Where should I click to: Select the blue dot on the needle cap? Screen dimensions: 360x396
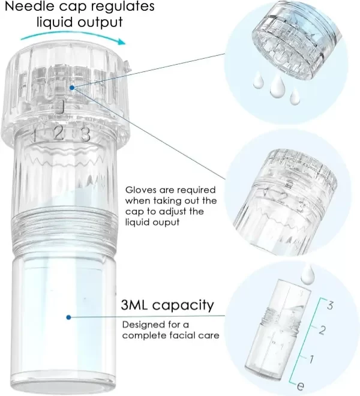(72, 88)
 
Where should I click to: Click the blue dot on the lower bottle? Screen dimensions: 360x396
(68, 317)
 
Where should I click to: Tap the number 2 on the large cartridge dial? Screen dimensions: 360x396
(59, 133)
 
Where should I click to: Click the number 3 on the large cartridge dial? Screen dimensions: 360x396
(85, 134)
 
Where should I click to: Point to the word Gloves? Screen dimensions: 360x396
(143, 190)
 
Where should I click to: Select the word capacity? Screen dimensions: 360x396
(183, 306)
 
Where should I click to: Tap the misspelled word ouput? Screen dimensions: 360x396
(166, 223)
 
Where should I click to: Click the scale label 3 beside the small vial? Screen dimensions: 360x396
(330, 305)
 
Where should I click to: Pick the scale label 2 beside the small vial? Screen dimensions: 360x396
(322, 330)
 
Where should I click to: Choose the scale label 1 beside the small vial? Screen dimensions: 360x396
(311, 359)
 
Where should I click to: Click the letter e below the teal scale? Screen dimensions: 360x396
(300, 386)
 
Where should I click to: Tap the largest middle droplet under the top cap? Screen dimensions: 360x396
(277, 87)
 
